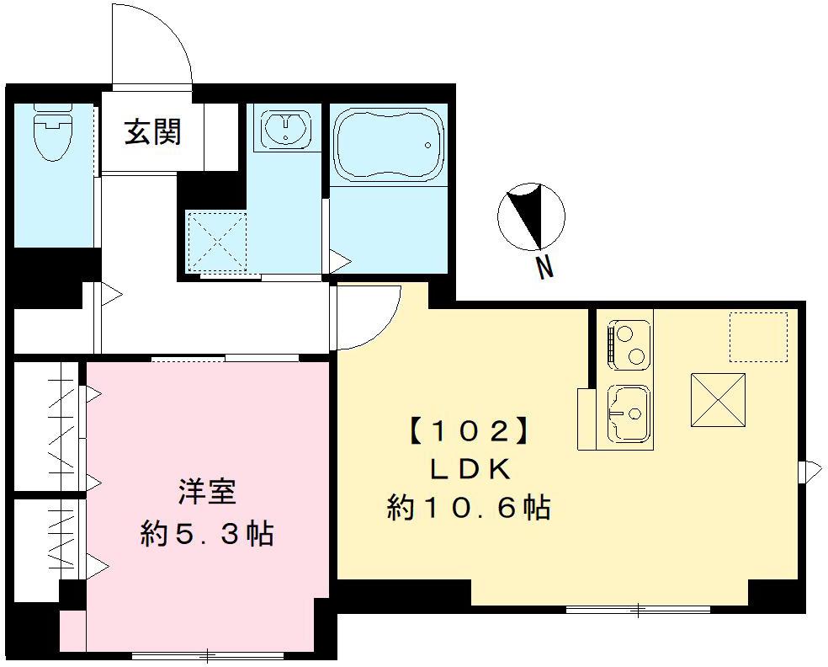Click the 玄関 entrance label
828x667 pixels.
152,132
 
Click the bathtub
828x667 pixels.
388,144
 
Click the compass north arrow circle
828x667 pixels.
531,215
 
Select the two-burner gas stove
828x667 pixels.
629,344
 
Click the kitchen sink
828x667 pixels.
629,413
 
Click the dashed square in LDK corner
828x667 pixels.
757,337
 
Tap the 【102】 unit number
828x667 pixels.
471,432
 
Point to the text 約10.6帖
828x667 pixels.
469,508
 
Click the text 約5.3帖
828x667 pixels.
207,534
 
